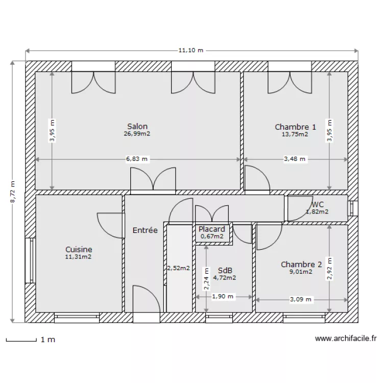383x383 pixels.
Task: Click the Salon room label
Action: [x=137, y=127]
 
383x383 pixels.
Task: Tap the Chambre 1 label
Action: [x=295, y=127]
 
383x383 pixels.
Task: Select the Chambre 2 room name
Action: [x=301, y=265]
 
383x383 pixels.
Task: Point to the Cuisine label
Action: [x=79, y=249]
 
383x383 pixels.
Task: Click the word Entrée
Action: [x=145, y=230]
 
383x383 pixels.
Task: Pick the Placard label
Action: [x=212, y=229]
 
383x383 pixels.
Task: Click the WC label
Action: [x=317, y=204]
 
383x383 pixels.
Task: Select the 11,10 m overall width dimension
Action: [x=191, y=51]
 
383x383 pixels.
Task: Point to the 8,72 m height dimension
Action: [x=13, y=192]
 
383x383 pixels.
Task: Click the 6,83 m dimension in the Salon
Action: [x=137, y=159]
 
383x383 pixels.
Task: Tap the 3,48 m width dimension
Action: [x=295, y=159]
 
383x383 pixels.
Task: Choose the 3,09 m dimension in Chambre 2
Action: [x=300, y=300]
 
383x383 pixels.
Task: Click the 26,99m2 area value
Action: [x=137, y=134]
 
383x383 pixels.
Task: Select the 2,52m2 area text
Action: [x=178, y=268]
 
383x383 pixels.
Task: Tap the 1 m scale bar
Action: [x=20, y=340]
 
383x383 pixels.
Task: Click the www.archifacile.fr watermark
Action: [x=346, y=338]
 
